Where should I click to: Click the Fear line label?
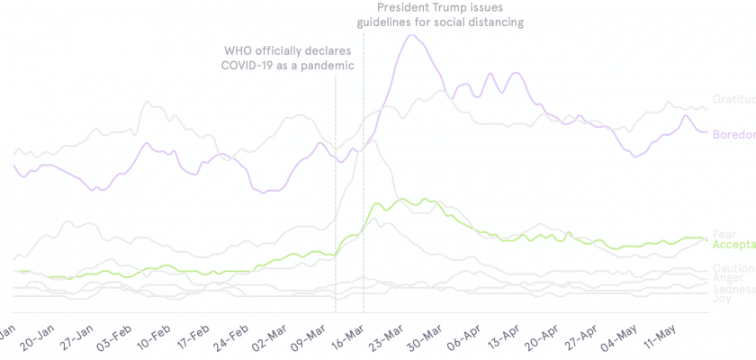[x=724, y=235]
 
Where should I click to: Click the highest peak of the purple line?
[x=411, y=35]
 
